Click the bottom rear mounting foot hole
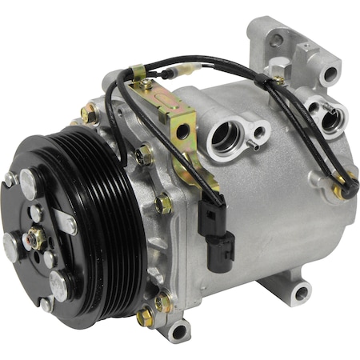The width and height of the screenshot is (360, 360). coord(302,295)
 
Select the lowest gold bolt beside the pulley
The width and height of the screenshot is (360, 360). coord(145,318)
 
